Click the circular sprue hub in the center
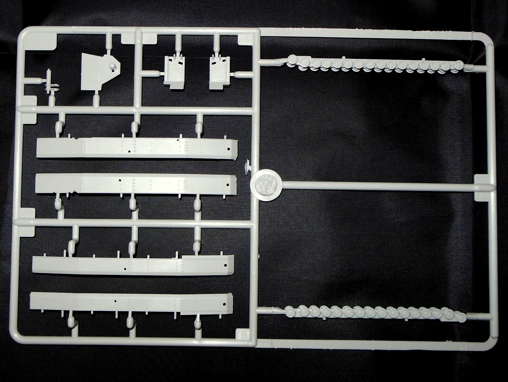pos(265,185)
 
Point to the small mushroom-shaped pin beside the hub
pos(247,168)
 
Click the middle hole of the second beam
pos(120,181)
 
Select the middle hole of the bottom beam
pos(115,302)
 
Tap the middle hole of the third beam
pos(125,269)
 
